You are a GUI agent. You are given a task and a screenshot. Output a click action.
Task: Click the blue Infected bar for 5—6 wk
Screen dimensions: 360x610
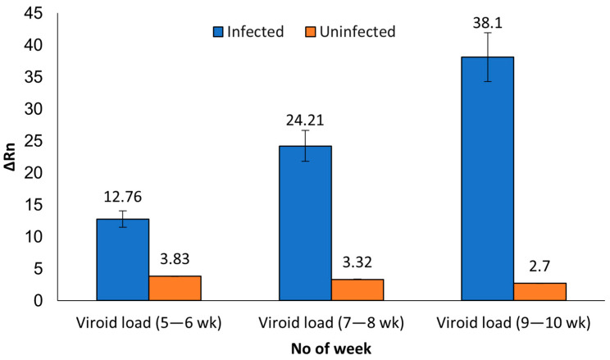pos(122,260)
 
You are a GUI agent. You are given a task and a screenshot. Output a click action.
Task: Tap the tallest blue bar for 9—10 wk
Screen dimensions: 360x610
pos(487,179)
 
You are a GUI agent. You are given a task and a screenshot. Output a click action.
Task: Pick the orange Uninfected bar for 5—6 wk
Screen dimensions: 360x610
pos(175,288)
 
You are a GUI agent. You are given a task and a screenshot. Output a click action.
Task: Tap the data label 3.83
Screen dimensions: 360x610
pos(175,260)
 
